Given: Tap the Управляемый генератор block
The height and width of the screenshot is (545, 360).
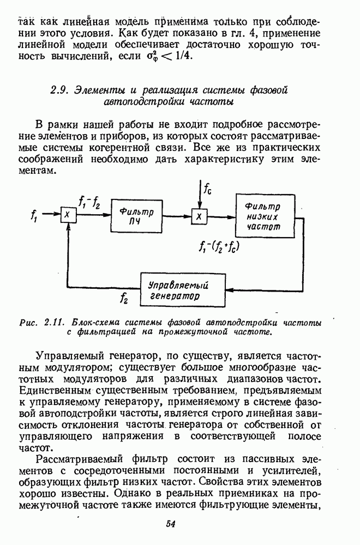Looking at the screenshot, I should (182, 290).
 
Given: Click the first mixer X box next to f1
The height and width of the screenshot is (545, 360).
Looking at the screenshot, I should (68, 216).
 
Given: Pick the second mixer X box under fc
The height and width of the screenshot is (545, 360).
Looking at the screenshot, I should (199, 216).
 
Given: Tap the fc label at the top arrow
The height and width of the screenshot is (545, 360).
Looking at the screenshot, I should (208, 189).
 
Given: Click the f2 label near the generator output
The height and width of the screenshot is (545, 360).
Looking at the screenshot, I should (124, 298).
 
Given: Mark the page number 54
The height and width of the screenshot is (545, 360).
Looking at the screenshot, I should (170, 524).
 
